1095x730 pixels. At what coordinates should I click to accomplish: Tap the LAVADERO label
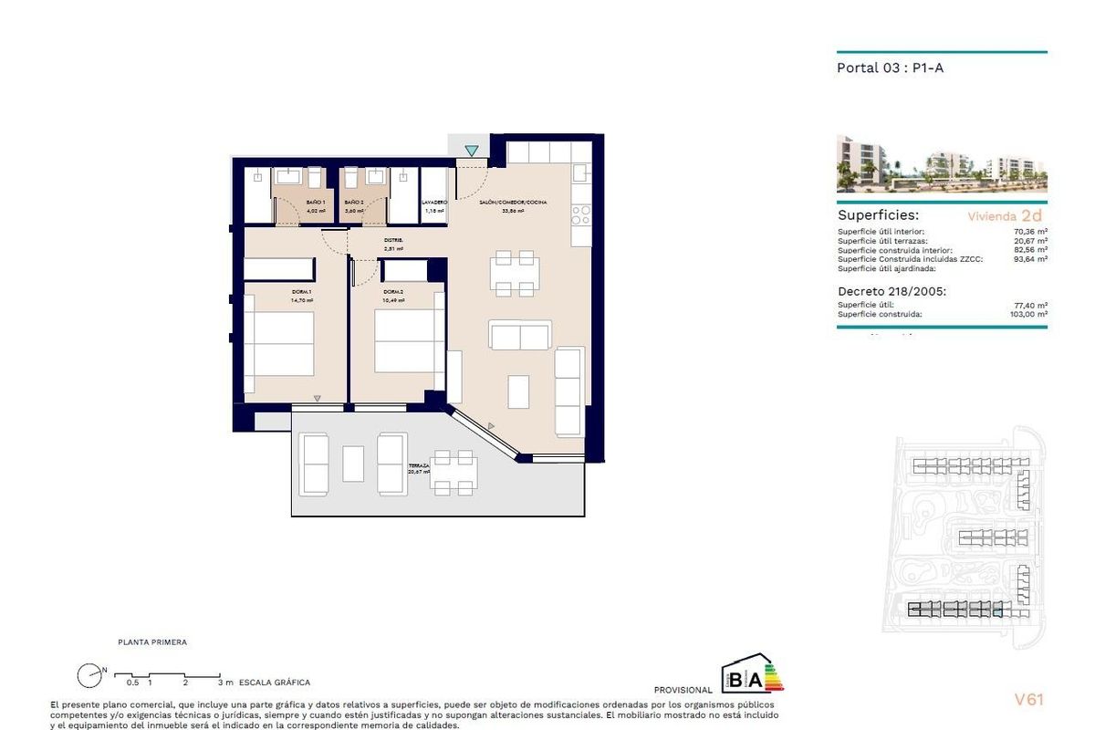434,202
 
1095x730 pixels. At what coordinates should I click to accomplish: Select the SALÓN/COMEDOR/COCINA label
513,202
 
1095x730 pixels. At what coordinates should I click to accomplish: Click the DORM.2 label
394,292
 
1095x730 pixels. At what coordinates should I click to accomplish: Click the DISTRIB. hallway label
393,241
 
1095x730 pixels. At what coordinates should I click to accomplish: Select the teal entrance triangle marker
471,151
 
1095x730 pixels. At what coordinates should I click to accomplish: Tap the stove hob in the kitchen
580,215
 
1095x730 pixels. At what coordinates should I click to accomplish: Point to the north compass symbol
89,676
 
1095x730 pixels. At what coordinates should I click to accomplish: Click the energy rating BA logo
752,674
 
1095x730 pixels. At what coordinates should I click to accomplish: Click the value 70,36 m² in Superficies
1029,232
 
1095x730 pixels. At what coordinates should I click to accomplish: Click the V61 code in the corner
1028,700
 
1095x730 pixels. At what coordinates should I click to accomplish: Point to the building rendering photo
942,164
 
